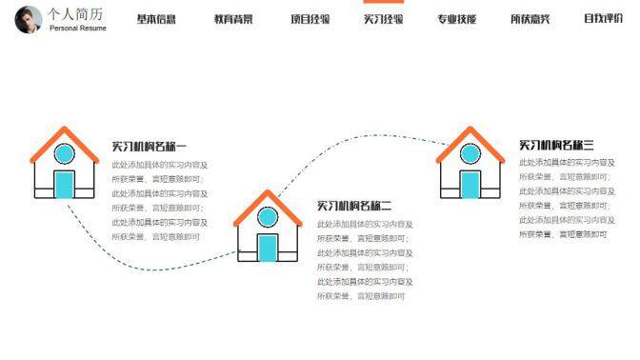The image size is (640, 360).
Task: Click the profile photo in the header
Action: point(29,19)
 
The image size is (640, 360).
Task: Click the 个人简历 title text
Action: point(76,14)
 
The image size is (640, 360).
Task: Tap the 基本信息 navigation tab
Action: point(156,19)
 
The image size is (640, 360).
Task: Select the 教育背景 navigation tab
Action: point(233,19)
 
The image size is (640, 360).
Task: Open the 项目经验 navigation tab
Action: point(310,19)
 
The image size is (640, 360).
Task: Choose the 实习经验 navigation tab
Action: point(383,19)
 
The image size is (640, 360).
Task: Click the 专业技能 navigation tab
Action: point(456,19)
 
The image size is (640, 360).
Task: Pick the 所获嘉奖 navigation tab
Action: point(530,19)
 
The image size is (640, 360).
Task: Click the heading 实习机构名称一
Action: point(150,147)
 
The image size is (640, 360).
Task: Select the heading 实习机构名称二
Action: point(354,206)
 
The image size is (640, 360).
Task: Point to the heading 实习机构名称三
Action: point(556,145)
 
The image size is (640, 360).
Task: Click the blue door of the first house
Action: point(65,184)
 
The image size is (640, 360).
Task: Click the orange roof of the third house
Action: point(470,138)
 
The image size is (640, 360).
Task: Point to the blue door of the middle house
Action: point(268,247)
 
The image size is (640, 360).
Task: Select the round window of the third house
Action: point(470,153)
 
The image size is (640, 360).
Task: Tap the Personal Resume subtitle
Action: point(78,29)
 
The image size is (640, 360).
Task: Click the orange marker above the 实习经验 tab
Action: point(383,2)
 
